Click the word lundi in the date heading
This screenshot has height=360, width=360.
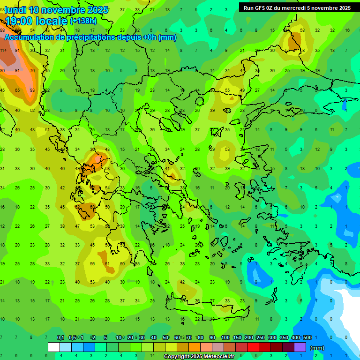coord(15,10)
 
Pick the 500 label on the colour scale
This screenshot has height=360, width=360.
coord(307,337)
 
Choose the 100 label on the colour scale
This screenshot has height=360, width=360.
coord(225,337)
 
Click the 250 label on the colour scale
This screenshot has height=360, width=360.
coord(261,337)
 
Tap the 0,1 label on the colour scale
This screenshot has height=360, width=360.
coord(60,337)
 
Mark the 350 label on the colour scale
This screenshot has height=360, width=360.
coord(284,337)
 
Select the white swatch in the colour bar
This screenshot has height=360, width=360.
coord(54,347)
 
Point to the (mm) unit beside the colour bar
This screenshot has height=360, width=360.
coord(317,348)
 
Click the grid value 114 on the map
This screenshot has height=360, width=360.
coord(3,50)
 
